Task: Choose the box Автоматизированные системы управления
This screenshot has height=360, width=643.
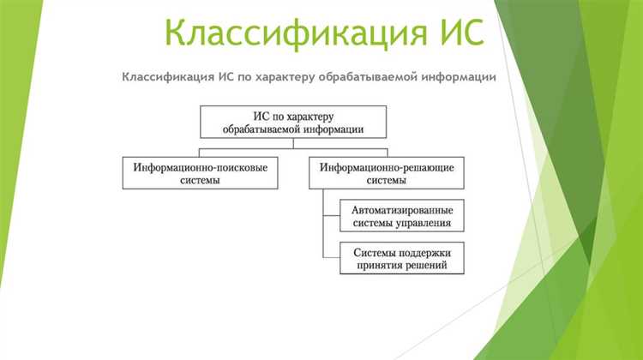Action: tap(402, 217)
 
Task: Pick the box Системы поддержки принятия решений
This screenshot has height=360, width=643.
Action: tap(402, 258)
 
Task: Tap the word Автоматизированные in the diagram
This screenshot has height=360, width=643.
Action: tap(403, 210)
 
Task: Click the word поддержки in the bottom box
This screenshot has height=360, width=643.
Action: tap(426, 251)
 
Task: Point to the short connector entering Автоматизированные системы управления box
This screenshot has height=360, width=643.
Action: tap(332, 217)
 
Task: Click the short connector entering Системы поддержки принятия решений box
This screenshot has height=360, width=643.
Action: tap(332, 258)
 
